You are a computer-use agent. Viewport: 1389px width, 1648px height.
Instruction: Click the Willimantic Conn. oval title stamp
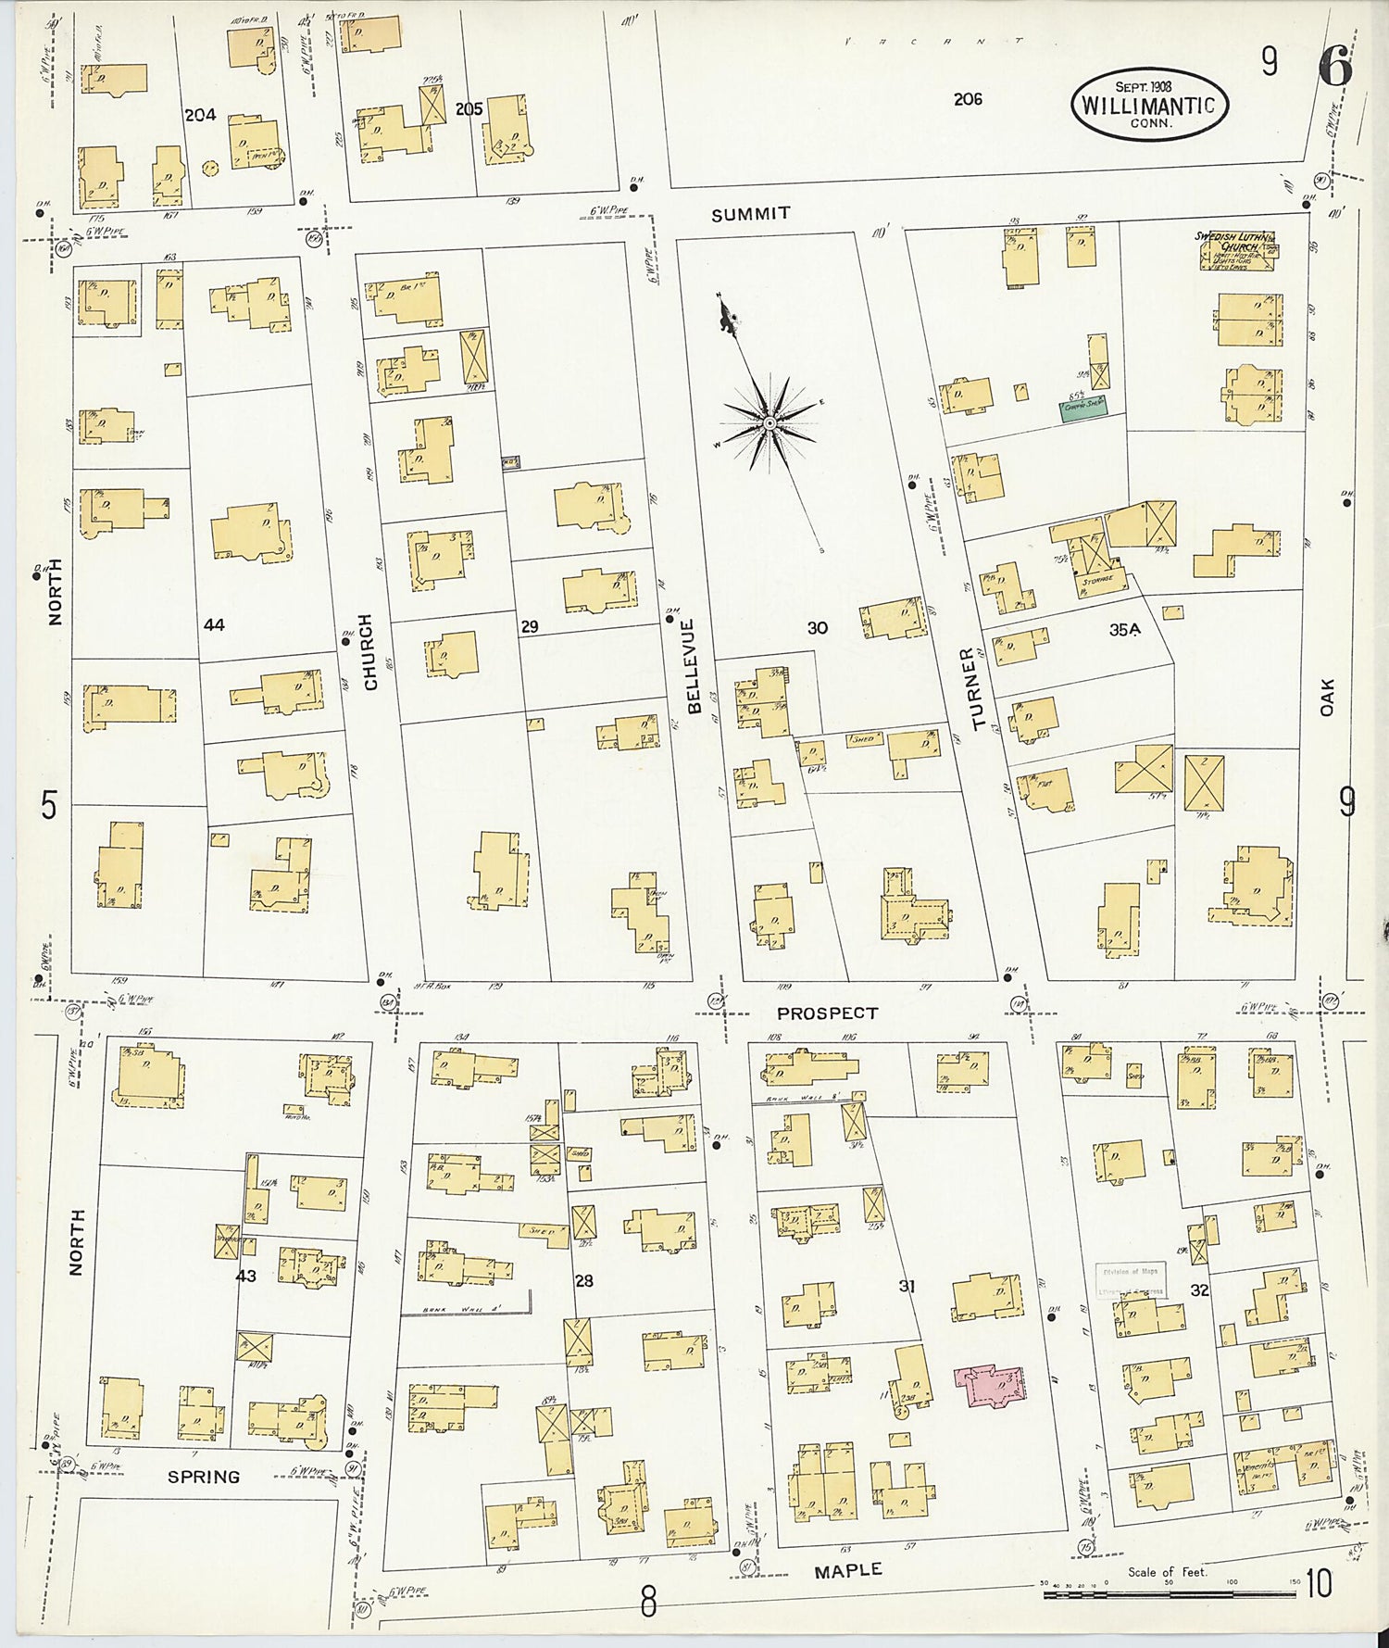point(1149,105)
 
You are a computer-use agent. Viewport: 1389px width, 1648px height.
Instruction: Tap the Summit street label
point(750,214)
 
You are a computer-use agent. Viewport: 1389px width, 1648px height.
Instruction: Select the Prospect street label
point(827,1013)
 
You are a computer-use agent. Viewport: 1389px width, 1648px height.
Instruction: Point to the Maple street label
point(847,1571)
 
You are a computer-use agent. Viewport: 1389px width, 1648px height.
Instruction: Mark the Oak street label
point(1326,697)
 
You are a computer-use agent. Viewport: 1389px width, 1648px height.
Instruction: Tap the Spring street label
point(204,1477)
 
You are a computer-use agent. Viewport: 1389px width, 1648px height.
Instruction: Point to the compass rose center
point(770,423)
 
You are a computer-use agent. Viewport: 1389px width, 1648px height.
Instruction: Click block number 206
point(968,99)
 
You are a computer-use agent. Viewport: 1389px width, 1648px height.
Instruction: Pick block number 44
point(214,625)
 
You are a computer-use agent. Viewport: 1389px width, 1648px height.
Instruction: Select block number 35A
point(1124,630)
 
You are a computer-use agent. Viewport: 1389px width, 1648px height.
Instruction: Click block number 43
point(245,1276)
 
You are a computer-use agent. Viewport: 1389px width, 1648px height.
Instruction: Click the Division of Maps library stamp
point(1130,1280)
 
